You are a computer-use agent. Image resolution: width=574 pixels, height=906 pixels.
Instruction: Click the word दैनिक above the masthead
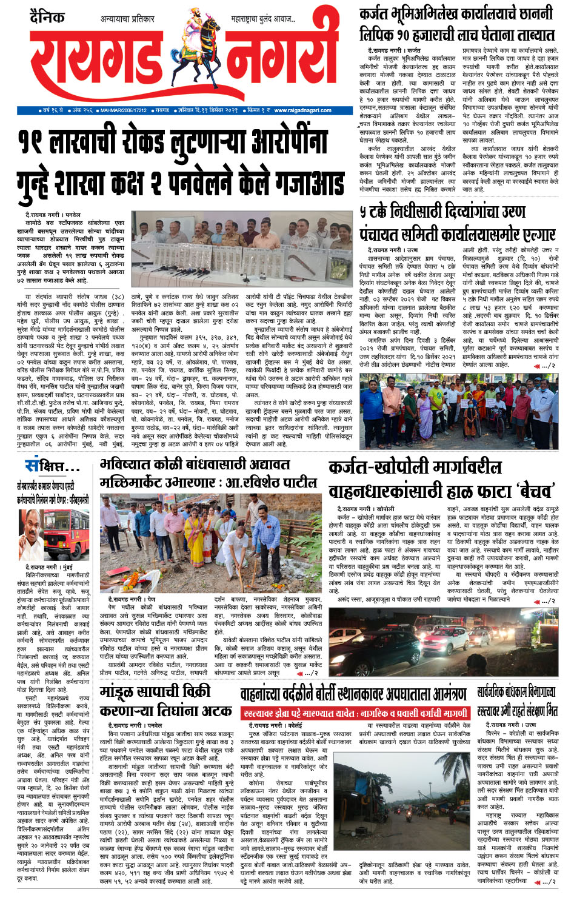(47, 17)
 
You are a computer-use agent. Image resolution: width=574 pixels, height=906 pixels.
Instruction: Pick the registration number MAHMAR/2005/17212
(124, 110)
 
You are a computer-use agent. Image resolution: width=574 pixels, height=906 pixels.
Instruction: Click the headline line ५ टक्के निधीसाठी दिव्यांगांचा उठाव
(442, 212)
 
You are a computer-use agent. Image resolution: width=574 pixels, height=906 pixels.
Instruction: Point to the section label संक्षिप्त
(52, 467)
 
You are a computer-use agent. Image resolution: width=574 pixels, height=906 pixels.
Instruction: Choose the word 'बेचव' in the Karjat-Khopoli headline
(527, 490)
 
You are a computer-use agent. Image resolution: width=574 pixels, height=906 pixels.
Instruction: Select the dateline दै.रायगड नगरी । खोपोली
(365, 508)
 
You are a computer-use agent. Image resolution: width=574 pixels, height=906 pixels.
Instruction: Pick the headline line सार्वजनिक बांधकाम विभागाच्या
(516, 691)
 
